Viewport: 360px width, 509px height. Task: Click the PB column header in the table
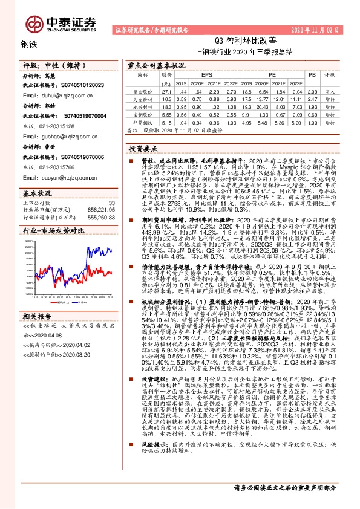[x=312, y=75]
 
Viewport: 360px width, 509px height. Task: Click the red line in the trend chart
[x=91, y=270]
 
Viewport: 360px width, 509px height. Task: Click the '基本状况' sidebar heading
[x=38, y=192]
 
